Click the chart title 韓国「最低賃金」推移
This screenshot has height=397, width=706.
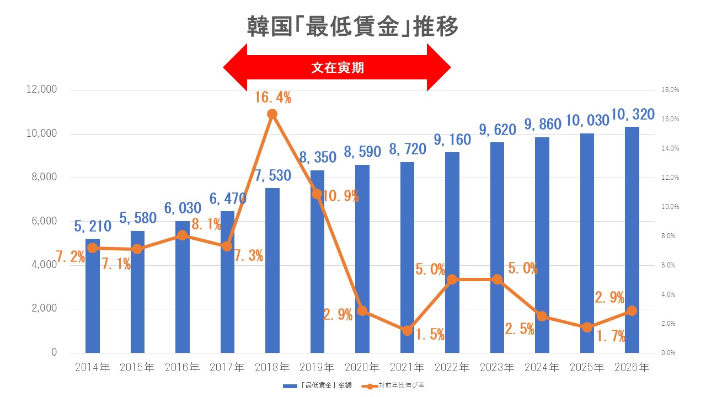tap(352, 26)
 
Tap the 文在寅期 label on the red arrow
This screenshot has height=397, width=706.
tap(337, 68)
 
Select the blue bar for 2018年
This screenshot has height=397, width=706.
tap(272, 270)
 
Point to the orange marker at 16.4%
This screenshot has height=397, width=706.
tap(272, 114)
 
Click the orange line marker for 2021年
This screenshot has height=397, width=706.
tap(407, 330)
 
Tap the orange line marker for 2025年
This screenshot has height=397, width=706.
tap(587, 328)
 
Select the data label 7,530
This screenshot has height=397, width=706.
tap(272, 176)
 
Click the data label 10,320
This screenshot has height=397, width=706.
tap(632, 115)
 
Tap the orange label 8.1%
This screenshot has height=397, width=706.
tap(206, 224)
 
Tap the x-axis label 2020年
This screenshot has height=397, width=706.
tap(362, 367)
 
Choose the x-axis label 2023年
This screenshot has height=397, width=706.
tap(498, 367)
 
